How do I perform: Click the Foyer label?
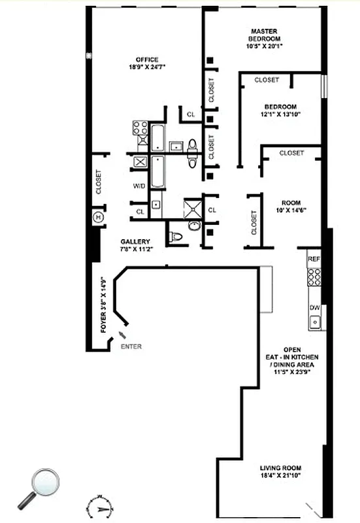[103, 305]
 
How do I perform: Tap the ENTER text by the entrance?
[131, 346]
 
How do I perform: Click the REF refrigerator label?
[314, 260]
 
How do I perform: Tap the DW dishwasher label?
[314, 307]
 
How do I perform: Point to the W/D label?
[139, 186]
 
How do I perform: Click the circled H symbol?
[99, 217]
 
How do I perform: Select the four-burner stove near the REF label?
[314, 277]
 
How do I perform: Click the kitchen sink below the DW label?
[315, 321]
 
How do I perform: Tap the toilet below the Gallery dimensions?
[174, 237]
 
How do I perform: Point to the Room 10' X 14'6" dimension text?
[289, 210]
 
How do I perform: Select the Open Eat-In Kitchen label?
[300, 357]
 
